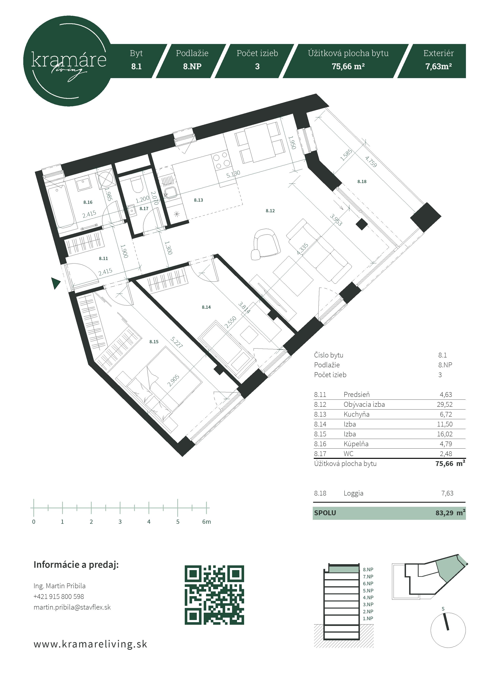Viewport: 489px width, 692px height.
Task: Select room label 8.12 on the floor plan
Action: click(270, 211)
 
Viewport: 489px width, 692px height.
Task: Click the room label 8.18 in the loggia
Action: click(362, 181)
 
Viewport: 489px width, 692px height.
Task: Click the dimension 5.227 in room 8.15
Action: click(176, 342)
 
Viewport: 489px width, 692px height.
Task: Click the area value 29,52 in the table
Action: click(445, 404)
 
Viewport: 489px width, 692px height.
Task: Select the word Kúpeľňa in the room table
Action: click(356, 444)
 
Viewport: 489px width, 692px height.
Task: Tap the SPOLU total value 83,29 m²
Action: click(450, 513)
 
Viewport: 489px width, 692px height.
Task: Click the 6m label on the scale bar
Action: click(206, 522)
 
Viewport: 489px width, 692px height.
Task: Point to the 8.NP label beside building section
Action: click(368, 570)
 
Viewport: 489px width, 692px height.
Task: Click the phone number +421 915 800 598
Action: click(59, 597)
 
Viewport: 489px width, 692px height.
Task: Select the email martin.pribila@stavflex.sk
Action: click(72, 607)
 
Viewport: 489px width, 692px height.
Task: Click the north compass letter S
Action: click(443, 609)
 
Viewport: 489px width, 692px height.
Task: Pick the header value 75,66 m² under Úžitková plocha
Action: click(348, 66)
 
